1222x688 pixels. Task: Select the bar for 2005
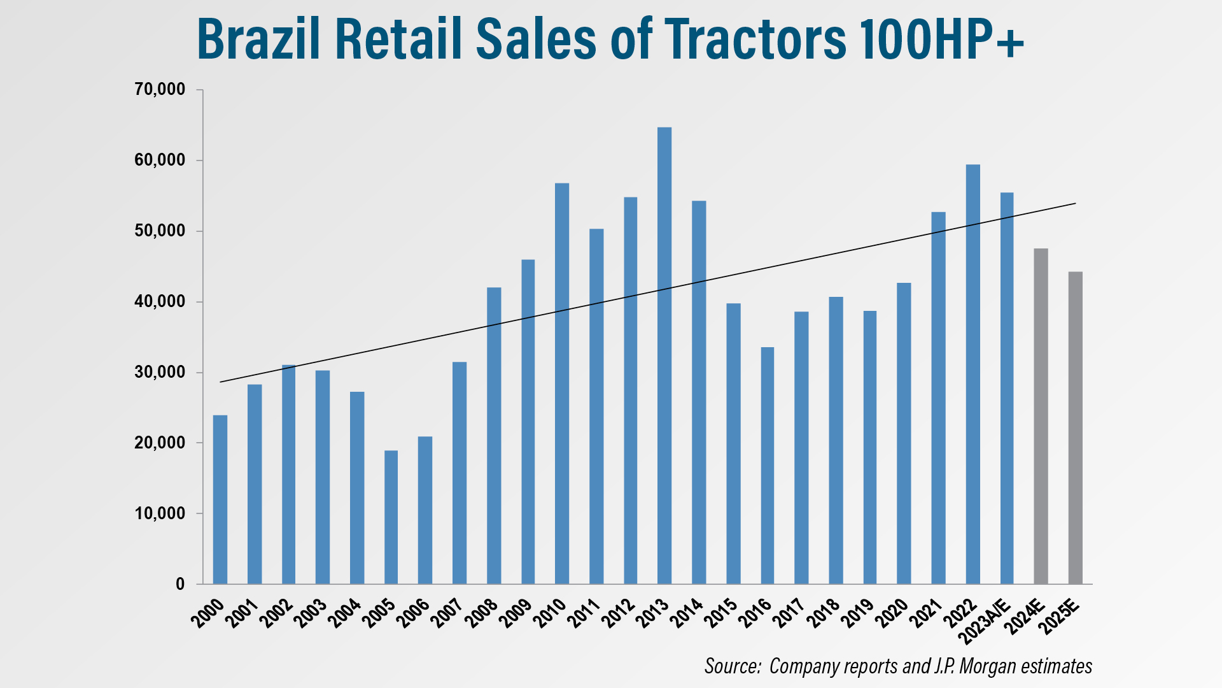point(391,517)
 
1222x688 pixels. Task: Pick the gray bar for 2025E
point(1075,427)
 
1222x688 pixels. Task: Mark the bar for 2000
point(220,499)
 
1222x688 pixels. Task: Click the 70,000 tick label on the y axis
point(160,90)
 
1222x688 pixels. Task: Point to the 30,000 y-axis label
point(160,372)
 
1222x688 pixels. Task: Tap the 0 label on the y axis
point(180,584)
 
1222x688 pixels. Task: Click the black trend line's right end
point(1074,204)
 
